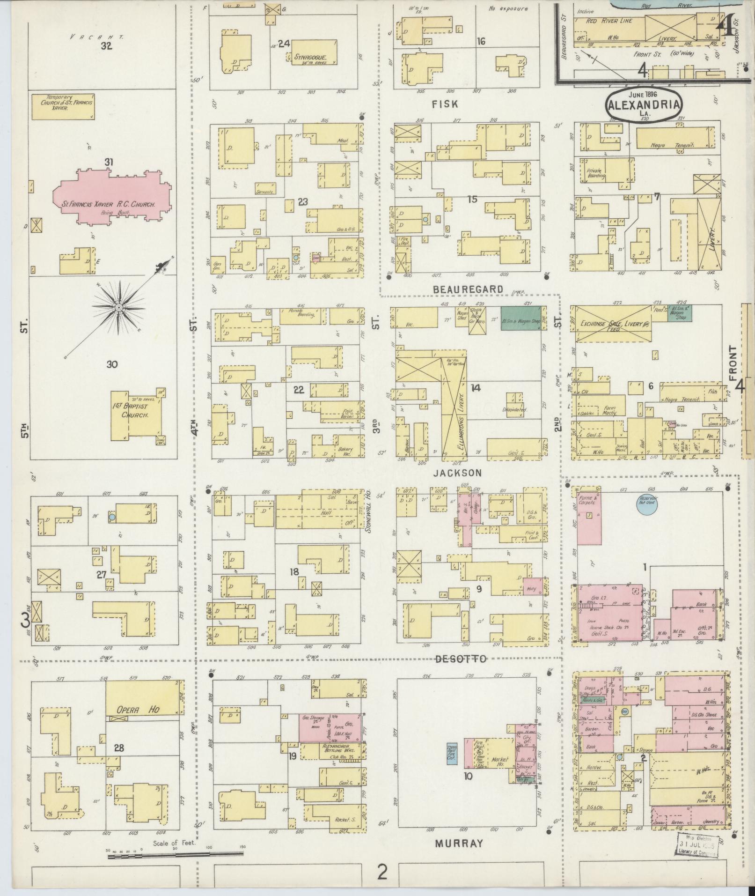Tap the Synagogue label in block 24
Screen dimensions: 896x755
309,58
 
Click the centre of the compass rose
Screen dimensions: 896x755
119,308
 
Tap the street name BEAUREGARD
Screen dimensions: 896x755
468,289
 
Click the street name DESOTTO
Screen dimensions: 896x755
461,659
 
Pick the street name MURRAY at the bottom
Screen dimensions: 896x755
458,844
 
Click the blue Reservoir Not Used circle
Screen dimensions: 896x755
647,504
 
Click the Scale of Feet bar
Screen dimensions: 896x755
176,856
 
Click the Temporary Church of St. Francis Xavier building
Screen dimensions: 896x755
63,106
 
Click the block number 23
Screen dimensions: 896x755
302,202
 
